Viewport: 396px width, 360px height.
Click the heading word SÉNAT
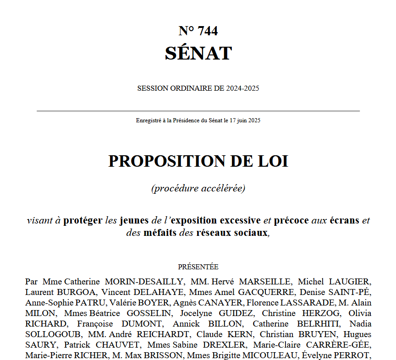pyautogui.click(x=198, y=53)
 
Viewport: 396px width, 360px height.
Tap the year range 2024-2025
pyautogui.click(x=242, y=88)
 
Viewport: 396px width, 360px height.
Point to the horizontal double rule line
pyautogui.click(x=198, y=111)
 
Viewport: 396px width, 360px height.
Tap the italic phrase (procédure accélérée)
pyautogui.click(x=198, y=188)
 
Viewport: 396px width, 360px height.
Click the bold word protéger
pyautogui.click(x=82, y=220)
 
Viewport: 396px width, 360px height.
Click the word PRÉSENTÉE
pyautogui.click(x=198, y=267)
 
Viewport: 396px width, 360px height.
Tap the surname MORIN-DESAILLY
pyautogui.click(x=145, y=281)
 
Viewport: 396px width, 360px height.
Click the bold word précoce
pyautogui.click(x=291, y=220)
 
